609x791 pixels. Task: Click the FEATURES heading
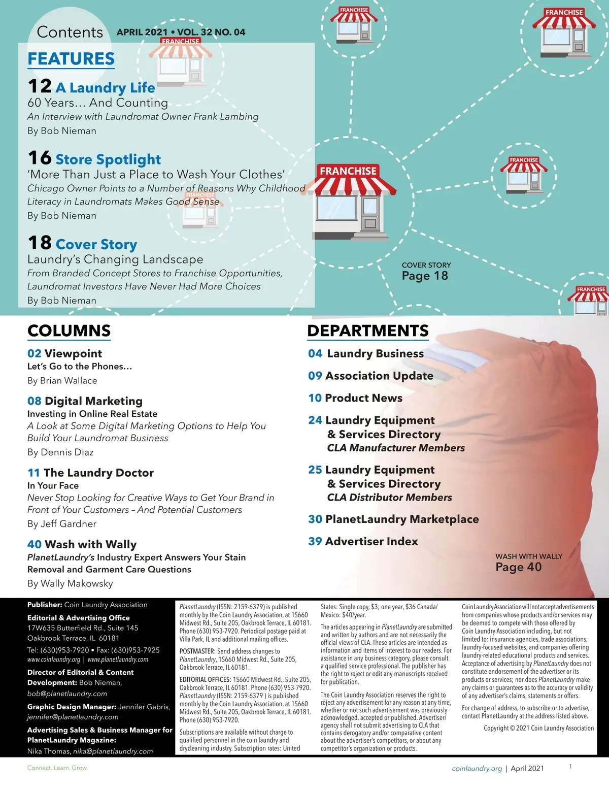coord(71,59)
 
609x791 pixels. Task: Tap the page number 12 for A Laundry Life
coord(40,86)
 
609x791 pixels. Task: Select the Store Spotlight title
coord(108,159)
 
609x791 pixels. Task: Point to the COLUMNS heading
coord(69,331)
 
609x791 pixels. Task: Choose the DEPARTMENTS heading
coord(368,331)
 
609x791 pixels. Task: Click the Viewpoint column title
coord(73,353)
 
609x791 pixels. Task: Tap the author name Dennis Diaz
coord(75,452)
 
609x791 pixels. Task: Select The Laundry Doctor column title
coord(98,473)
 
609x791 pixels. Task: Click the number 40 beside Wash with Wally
coord(35,544)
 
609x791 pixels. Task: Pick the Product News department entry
coord(363,398)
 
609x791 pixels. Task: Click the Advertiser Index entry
coord(371,541)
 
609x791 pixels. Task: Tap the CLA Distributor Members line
coord(389,498)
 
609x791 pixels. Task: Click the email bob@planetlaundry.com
coord(67,694)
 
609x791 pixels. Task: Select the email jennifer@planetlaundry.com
coord(73,717)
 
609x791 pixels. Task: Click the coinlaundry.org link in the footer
coord(477,769)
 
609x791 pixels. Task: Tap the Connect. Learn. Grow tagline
coord(57,768)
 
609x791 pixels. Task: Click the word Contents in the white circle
coord(70,32)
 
